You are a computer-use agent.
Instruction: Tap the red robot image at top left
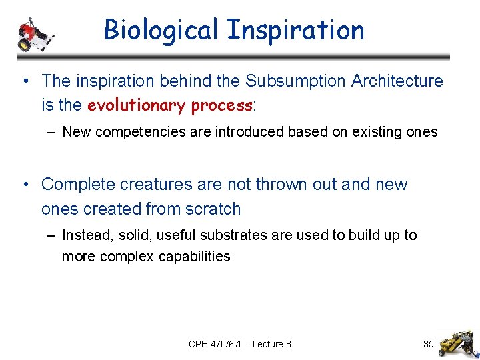click(33, 34)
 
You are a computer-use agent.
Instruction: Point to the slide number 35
click(429, 344)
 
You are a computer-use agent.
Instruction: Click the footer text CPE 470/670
click(216, 344)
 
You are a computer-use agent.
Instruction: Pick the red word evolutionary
click(137, 105)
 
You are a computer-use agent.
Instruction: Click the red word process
click(221, 105)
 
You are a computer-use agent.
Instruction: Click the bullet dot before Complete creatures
click(25, 185)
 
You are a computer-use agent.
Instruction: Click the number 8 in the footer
click(288, 344)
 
